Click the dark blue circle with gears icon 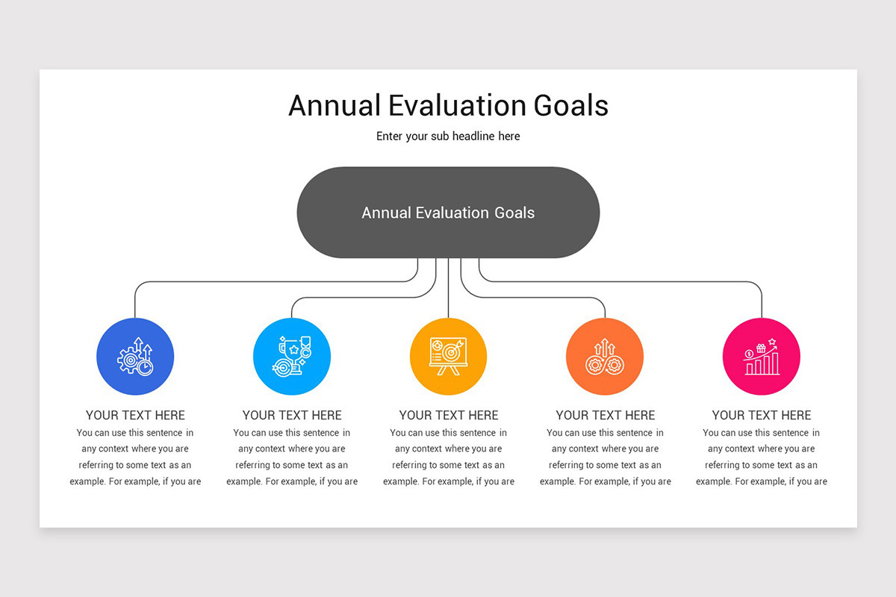click(135, 357)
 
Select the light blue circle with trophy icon click(291, 357)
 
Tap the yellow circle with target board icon click(448, 357)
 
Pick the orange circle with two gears click(605, 357)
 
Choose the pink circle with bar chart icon click(761, 357)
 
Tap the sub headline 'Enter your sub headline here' click(448, 137)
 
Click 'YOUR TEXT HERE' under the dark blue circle click(135, 416)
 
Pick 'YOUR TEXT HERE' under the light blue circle click(292, 416)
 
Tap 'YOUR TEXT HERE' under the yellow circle click(448, 416)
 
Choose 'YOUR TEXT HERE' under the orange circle click(605, 416)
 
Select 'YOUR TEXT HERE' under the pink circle click(761, 416)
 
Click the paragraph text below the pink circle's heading click(761, 457)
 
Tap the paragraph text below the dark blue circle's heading click(135, 457)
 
